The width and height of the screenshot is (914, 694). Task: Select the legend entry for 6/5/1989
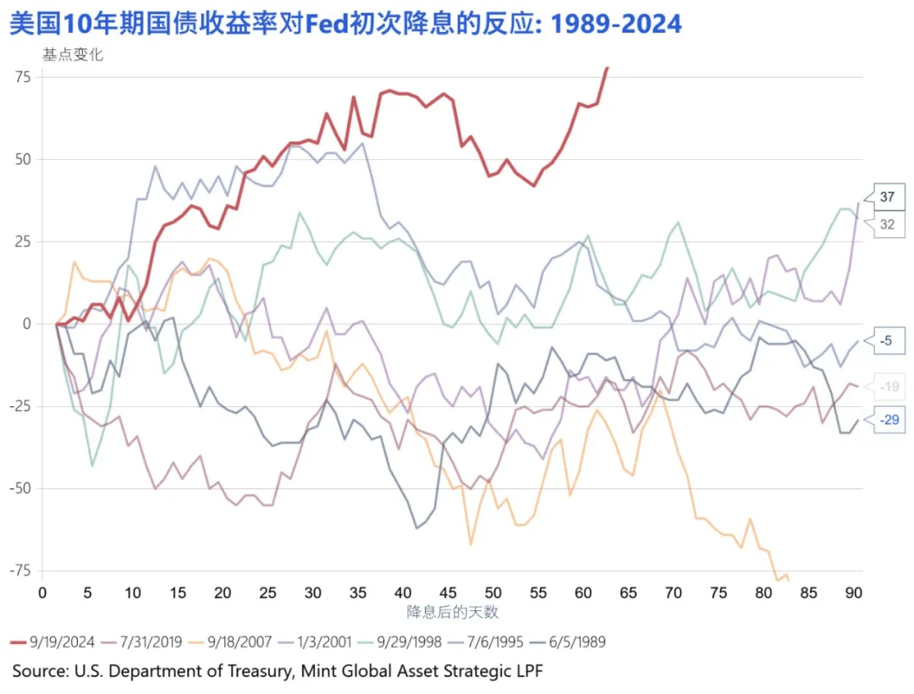[x=575, y=642]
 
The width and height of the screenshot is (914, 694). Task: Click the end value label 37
[x=887, y=197]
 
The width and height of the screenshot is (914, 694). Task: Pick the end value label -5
[x=887, y=341]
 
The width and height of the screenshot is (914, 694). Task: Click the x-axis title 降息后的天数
[x=452, y=611]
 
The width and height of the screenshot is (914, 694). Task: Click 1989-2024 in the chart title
[x=616, y=23]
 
